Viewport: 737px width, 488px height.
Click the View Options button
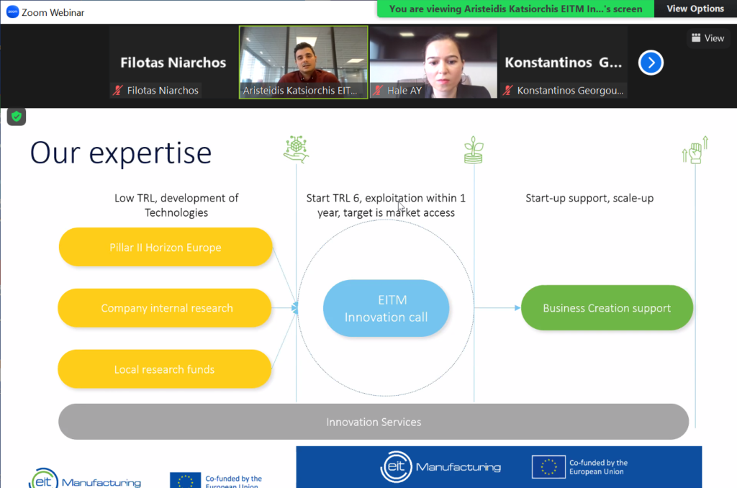(695, 9)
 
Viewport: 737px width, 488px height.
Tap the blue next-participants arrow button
(651, 63)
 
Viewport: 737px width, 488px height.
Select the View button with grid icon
(708, 38)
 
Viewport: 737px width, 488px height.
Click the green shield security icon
(17, 116)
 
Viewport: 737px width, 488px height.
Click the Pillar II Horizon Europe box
(166, 248)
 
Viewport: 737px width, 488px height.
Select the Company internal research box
(165, 308)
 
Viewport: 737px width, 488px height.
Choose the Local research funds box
(165, 369)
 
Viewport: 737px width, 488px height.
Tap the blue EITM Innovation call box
(386, 308)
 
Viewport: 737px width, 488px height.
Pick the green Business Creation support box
(607, 308)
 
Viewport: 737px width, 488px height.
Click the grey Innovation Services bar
(374, 422)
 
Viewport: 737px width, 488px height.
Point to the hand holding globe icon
(296, 150)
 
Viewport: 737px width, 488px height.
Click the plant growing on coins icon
(474, 150)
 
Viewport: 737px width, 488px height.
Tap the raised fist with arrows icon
(695, 150)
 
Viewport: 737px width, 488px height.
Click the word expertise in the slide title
(150, 153)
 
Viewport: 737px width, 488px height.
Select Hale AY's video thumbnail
(433, 62)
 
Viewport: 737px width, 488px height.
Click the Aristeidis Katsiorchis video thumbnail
(304, 62)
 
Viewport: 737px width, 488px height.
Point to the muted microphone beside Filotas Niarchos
(117, 90)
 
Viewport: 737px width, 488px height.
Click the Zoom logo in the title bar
(13, 12)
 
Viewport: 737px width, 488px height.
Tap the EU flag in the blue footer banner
(548, 467)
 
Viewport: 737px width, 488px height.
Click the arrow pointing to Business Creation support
(497, 308)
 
